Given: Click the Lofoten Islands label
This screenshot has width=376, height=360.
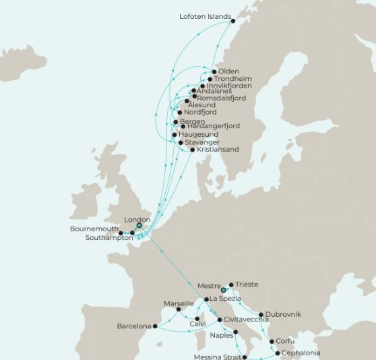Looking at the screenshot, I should coord(205,17).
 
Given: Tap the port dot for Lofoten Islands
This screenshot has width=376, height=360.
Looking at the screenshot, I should coord(234,21).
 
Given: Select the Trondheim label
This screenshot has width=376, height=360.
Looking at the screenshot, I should coord(232,79).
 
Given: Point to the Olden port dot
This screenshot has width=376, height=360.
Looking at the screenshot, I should coord(214,71).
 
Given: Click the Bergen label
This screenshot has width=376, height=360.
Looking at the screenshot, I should coord(192,122).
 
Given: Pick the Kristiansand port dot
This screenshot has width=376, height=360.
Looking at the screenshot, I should coord(193,150).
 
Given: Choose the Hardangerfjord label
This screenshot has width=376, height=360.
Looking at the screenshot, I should coord(213,126).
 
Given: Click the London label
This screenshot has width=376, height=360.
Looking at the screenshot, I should coord(137,220).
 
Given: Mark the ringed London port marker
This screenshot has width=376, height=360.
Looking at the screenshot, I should coord(139,226).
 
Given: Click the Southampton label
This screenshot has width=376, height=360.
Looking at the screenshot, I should coord(109,238).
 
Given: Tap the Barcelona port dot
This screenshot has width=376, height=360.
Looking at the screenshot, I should coord(155,326).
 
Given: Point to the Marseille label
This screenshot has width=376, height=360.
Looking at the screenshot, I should coord(179,303).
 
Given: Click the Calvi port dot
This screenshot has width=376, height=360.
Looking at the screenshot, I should coord(197,318).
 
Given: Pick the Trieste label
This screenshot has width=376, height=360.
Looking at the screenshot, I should coord(247,284).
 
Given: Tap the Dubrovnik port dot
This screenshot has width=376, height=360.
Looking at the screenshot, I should coord(261,315).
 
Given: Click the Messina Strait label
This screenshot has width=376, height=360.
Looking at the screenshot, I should coord(217,356).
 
